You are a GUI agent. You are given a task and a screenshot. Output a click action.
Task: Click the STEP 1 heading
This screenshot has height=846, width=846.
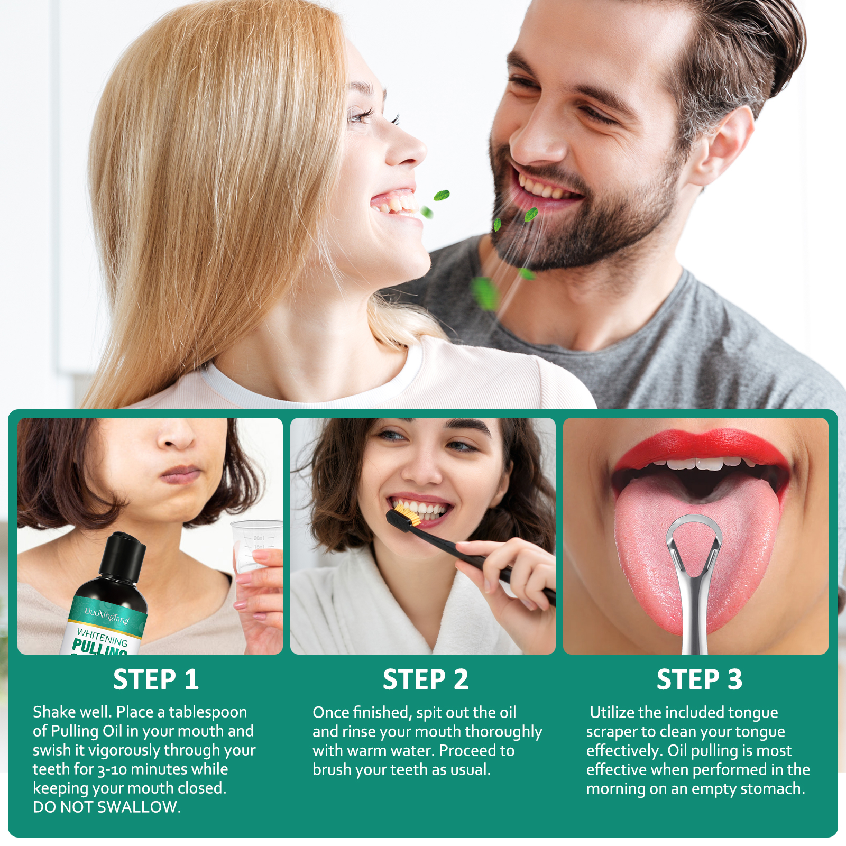(x=156, y=679)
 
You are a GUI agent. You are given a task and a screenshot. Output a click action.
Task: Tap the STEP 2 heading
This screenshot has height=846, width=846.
(x=426, y=679)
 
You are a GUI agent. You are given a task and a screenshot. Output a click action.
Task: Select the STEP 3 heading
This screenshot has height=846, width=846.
(x=700, y=679)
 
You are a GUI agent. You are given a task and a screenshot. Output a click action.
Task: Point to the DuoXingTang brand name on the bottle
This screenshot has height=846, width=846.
(x=107, y=616)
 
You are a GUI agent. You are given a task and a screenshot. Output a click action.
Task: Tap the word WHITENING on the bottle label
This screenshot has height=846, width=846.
(x=103, y=638)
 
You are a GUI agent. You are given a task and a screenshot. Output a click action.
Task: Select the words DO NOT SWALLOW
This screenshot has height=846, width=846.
(x=107, y=807)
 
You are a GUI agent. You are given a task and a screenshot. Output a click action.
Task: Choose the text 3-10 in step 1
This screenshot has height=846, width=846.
(x=112, y=770)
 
